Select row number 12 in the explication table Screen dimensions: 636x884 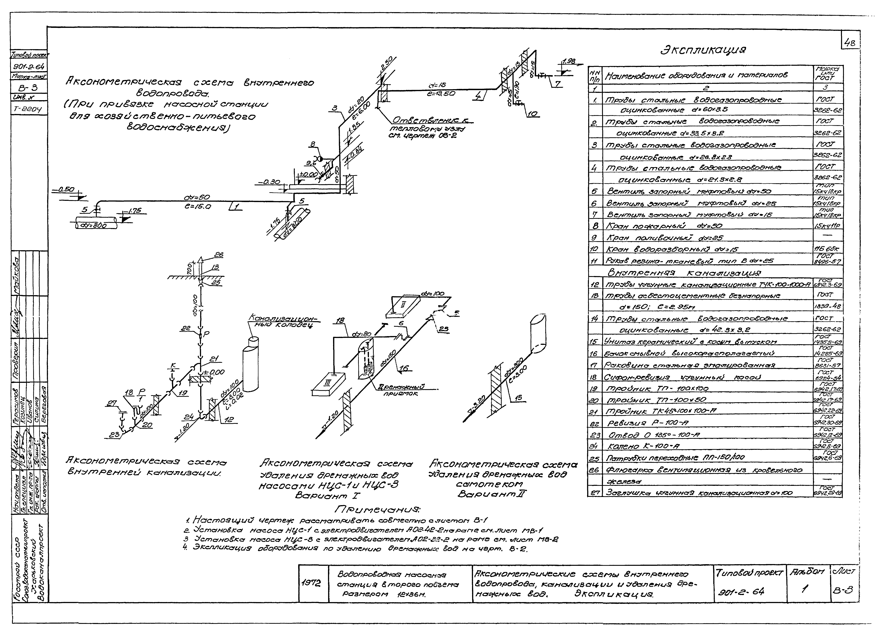pyautogui.click(x=594, y=285)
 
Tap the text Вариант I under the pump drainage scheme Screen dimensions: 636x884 pyautogui.click(x=327, y=496)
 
